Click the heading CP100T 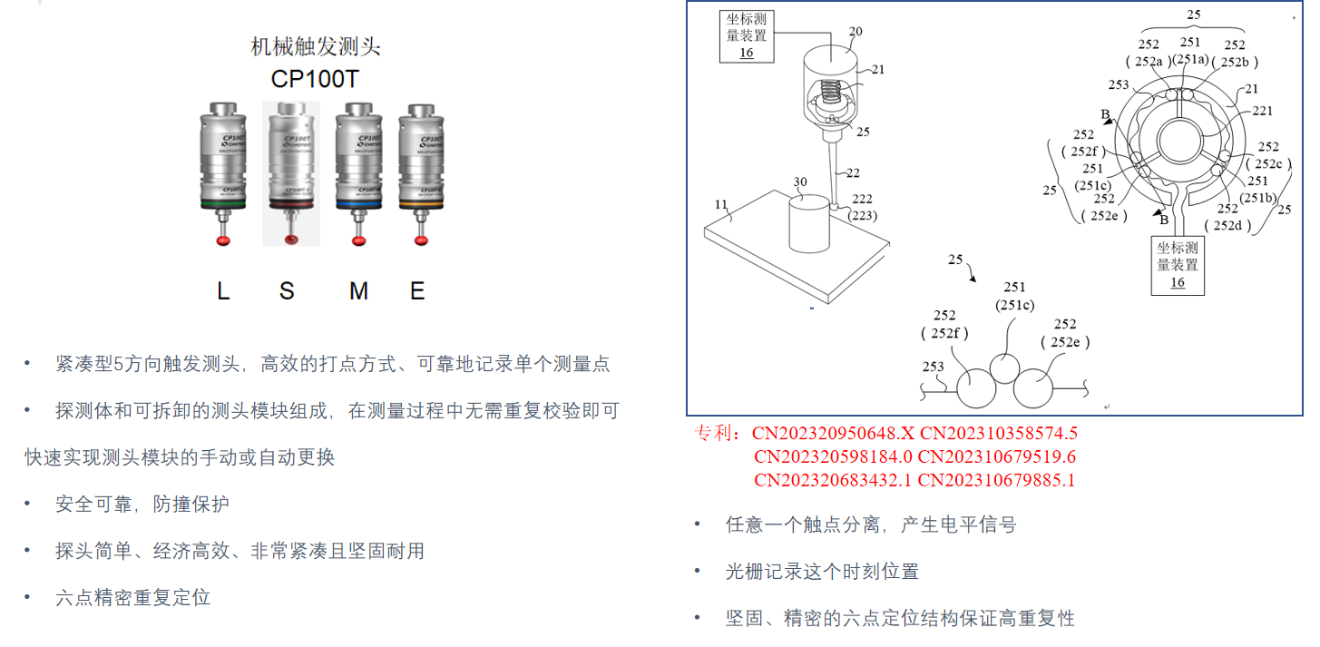[x=315, y=79]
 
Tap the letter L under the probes [x=223, y=291]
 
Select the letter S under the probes [x=287, y=291]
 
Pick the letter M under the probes [x=358, y=291]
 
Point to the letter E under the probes [x=417, y=291]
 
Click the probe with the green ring [x=223, y=172]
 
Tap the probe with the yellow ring [x=419, y=172]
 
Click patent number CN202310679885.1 [x=996, y=480]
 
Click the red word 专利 [x=718, y=433]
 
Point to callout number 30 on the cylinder [x=799, y=181]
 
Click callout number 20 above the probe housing [x=855, y=32]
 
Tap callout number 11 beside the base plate [x=720, y=205]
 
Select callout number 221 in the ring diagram [x=1262, y=111]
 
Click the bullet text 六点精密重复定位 [x=132, y=598]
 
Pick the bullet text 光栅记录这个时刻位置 [x=822, y=572]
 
